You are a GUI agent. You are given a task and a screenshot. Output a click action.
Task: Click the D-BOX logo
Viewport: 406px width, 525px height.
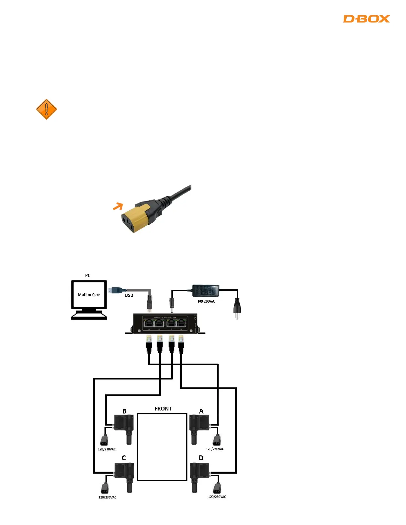366,19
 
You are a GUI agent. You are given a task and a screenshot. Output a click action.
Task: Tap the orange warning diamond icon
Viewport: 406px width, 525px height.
46,109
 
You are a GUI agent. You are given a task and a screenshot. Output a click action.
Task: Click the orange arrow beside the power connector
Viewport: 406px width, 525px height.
118,206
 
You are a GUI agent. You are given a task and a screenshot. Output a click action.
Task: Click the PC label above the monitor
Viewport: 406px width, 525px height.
88,275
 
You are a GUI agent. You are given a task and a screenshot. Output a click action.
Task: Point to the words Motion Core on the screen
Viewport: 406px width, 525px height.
89,295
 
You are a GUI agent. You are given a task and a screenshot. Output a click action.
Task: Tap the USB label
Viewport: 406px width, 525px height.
129,295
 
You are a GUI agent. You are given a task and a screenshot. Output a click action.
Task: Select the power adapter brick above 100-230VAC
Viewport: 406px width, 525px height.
206,291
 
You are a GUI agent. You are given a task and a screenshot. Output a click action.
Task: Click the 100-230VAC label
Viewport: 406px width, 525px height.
206,302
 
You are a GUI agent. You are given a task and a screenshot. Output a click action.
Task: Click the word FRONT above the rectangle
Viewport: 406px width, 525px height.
163,409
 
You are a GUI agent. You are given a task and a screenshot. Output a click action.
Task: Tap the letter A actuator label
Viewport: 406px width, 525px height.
201,411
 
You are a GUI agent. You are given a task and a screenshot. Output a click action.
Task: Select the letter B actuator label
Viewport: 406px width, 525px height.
124,411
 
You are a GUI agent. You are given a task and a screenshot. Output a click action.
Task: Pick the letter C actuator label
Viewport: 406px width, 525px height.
124,458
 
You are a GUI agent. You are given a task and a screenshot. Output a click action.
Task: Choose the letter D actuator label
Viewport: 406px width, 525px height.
201,458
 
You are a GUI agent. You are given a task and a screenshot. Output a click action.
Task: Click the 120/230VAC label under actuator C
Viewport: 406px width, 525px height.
107,497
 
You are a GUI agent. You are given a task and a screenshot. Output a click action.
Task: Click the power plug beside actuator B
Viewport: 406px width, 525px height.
104,440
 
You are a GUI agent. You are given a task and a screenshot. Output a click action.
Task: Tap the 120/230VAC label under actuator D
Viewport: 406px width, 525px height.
217,496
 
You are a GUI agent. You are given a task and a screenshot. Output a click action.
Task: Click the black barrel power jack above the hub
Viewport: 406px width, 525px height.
172,304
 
